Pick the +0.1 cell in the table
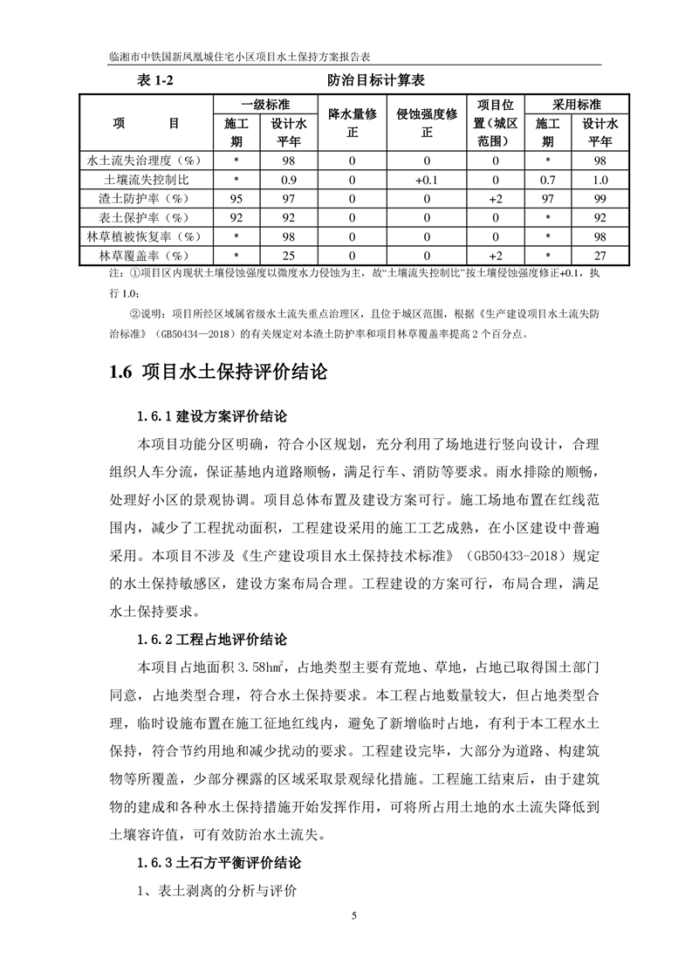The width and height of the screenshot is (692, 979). click(x=427, y=180)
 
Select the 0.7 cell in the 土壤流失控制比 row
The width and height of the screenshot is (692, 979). click(x=547, y=180)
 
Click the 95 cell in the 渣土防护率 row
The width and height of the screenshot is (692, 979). click(x=236, y=199)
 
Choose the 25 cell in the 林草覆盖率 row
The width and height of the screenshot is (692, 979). click(x=285, y=256)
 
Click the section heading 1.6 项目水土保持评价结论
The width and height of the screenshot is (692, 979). click(x=219, y=372)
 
